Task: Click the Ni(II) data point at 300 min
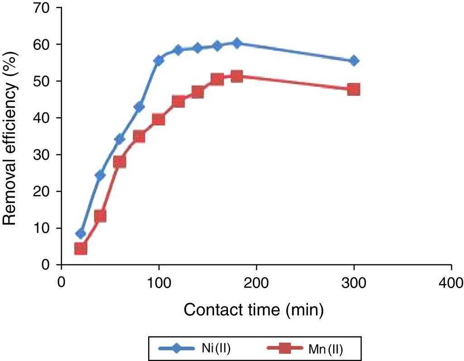pos(354,61)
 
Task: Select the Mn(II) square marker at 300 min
pos(354,89)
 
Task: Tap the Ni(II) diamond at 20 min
pos(81,234)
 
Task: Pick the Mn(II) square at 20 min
pos(81,248)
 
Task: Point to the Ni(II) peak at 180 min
pos(237,43)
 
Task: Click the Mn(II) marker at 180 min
pos(237,76)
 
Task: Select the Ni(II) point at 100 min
pos(159,60)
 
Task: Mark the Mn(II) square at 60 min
pos(120,162)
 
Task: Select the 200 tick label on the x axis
pos(256,283)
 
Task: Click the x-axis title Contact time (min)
pos(254,310)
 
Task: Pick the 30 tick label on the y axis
pos(45,155)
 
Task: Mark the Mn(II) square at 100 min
pos(159,119)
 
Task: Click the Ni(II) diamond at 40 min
pos(100,175)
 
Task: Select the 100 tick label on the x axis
pos(159,283)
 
